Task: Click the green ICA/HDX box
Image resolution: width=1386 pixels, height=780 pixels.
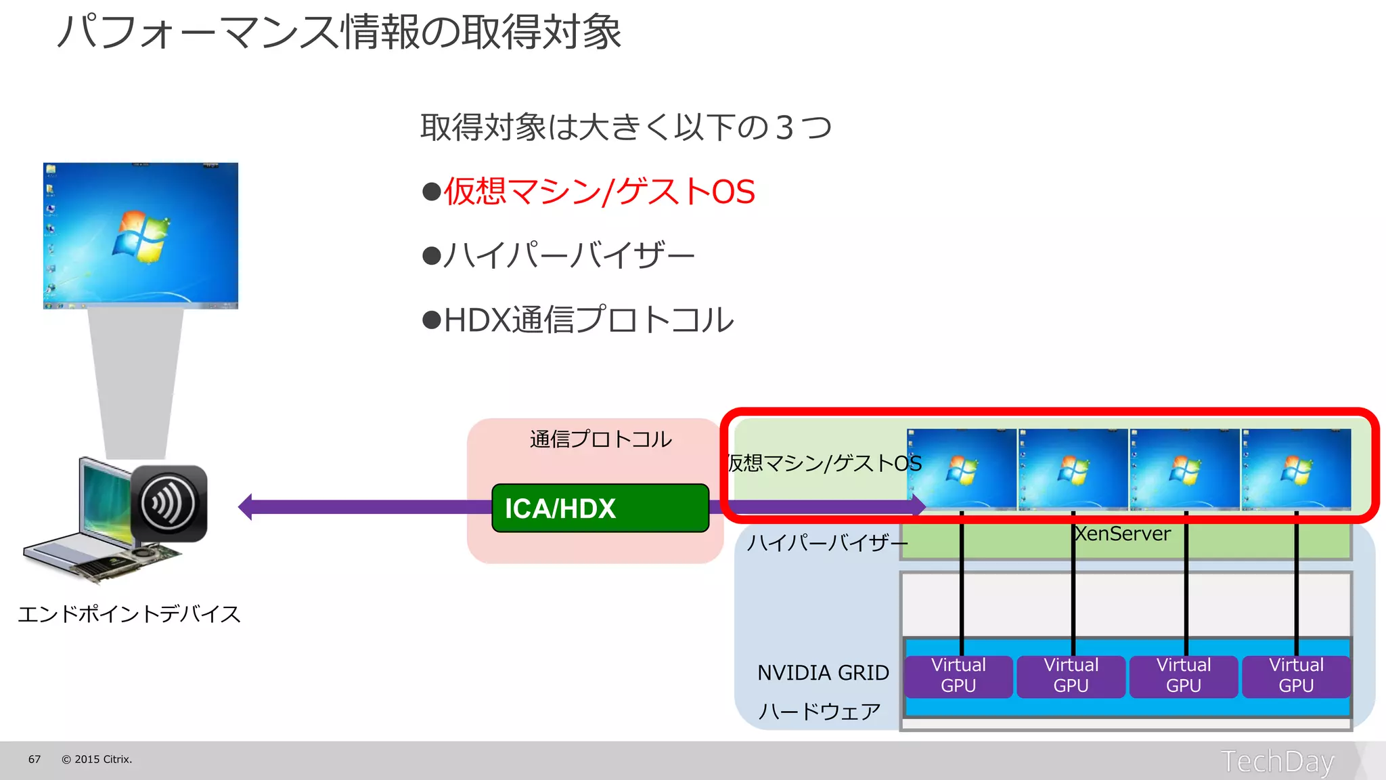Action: pyautogui.click(x=600, y=508)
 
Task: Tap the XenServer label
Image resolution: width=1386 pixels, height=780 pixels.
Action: pyautogui.click(x=1122, y=534)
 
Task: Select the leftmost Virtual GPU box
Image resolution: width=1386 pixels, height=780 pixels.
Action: pyautogui.click(x=958, y=675)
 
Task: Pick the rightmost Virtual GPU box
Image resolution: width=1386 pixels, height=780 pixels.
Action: pyautogui.click(x=1295, y=675)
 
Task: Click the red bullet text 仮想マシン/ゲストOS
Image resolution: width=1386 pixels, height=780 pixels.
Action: pyautogui.click(x=598, y=192)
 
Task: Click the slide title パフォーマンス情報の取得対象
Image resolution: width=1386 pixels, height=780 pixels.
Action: pyautogui.click(x=338, y=32)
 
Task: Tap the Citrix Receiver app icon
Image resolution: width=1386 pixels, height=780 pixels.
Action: pyautogui.click(x=169, y=503)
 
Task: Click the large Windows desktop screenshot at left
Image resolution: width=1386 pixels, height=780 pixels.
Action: pyautogui.click(x=141, y=235)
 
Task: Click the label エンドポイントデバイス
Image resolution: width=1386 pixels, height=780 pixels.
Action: pyautogui.click(x=129, y=614)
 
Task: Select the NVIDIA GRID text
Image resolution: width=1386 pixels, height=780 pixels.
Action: pyautogui.click(x=823, y=672)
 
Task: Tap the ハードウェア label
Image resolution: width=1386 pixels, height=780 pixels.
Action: pyautogui.click(x=819, y=711)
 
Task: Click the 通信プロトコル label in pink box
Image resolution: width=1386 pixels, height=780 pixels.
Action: pyautogui.click(x=600, y=439)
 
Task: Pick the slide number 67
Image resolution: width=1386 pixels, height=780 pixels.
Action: pyautogui.click(x=35, y=759)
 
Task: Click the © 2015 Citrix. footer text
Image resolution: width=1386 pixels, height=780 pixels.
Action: pyautogui.click(x=97, y=759)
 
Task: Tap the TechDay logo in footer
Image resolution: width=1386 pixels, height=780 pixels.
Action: pyautogui.click(x=1277, y=761)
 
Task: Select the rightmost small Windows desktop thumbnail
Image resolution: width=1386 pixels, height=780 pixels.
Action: pyautogui.click(x=1296, y=469)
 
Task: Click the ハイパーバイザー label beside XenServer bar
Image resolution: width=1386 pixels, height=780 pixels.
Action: pyautogui.click(x=826, y=542)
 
